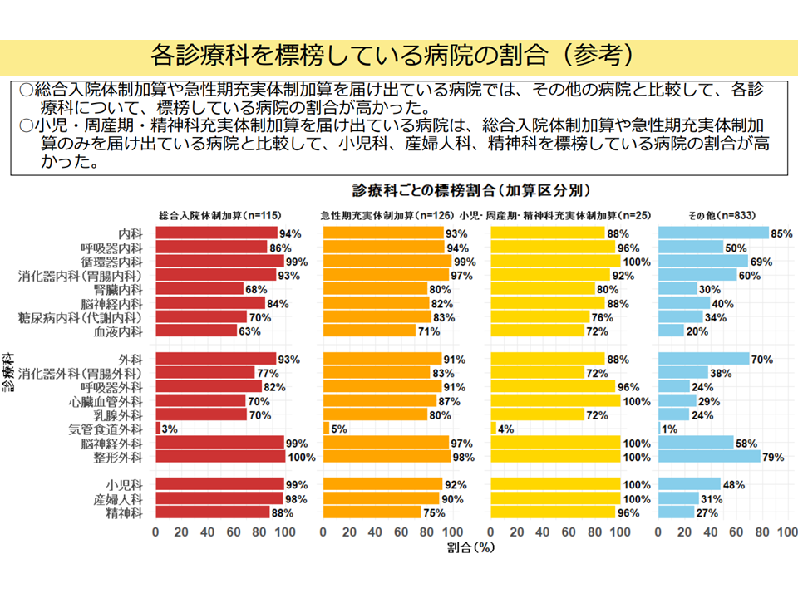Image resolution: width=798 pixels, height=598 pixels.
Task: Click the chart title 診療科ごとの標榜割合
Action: tap(470, 189)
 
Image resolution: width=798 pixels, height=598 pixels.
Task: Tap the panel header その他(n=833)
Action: tap(721, 215)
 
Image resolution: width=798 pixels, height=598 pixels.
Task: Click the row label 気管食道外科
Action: tap(107, 429)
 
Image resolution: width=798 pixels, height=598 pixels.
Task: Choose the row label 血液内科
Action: tap(119, 331)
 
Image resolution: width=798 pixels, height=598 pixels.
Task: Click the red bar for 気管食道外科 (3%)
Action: tap(158, 429)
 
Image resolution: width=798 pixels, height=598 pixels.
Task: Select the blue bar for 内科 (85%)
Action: tap(713, 233)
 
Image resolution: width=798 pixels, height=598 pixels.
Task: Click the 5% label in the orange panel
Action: tap(339, 429)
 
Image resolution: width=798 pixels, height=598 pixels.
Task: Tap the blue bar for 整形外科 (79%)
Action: tap(709, 457)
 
